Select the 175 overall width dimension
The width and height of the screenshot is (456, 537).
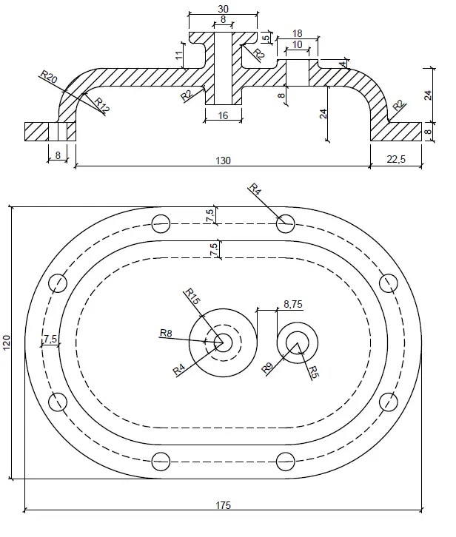point(224,505)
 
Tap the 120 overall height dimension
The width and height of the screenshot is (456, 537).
point(7,342)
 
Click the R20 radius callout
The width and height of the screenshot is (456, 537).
point(49,77)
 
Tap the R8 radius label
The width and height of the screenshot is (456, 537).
point(167,334)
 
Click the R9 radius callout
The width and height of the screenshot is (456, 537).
point(267,368)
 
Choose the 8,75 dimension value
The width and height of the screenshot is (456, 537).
point(292,303)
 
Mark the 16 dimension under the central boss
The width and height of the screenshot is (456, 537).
point(223,116)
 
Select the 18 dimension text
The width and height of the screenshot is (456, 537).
point(297,34)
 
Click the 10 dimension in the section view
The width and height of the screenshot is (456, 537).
point(297,44)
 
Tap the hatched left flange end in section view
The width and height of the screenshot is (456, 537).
point(36,131)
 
